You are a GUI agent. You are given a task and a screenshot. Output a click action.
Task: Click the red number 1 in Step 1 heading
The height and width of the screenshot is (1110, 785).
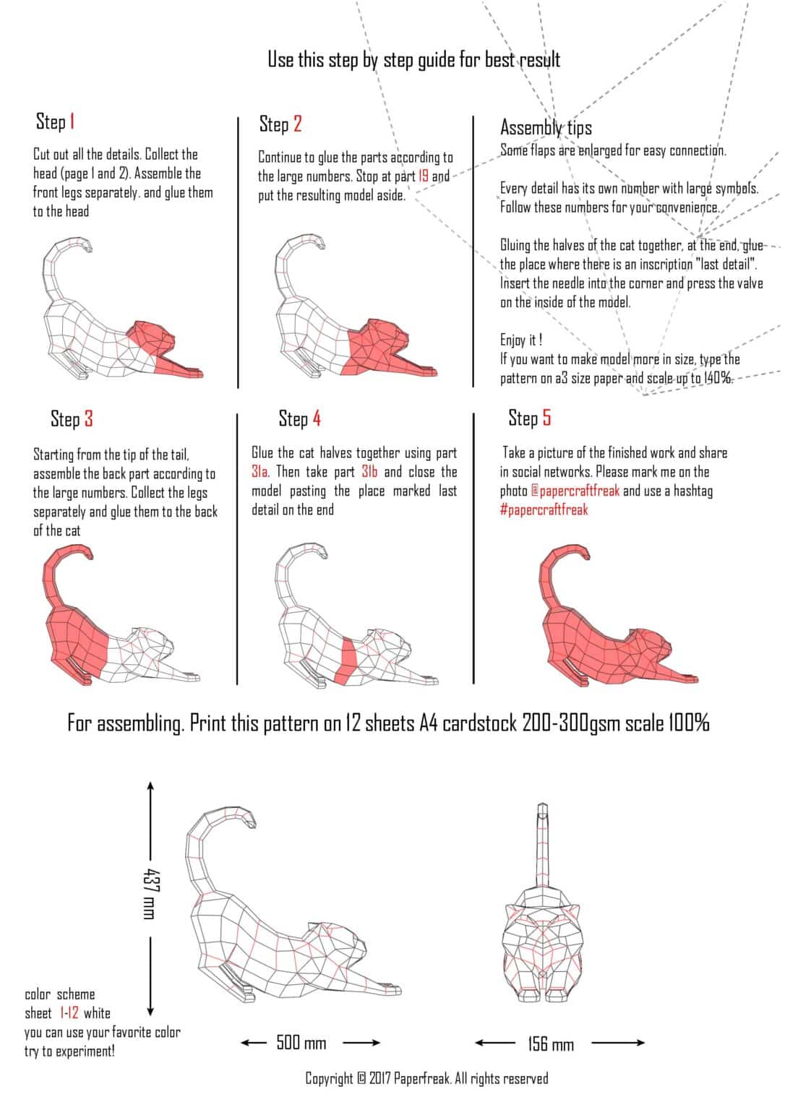pos(72,121)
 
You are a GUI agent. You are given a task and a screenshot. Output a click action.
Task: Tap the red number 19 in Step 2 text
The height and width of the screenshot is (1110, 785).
pos(423,176)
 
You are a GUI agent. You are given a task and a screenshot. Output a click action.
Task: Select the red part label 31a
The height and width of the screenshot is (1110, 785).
pos(260,473)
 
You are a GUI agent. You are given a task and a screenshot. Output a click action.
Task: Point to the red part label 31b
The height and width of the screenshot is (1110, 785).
pos(369,473)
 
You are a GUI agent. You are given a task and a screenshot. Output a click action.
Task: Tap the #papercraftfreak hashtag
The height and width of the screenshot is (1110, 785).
pos(544,510)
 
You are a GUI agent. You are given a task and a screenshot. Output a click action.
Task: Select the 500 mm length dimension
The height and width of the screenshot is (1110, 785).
pos(301,1043)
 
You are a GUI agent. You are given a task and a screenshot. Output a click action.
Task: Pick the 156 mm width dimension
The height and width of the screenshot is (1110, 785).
pos(550,1044)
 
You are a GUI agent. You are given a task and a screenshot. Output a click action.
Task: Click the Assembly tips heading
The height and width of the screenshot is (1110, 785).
pos(546,128)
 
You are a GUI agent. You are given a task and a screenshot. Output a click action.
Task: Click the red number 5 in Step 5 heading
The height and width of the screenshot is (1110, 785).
pos(546,418)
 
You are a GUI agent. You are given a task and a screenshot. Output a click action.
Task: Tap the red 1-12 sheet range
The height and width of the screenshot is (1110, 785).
pos(69,1013)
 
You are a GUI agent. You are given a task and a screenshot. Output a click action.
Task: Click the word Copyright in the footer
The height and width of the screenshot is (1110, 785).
pos(329,1079)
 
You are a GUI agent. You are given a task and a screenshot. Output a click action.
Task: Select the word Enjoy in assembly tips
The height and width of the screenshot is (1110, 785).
pos(512,340)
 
